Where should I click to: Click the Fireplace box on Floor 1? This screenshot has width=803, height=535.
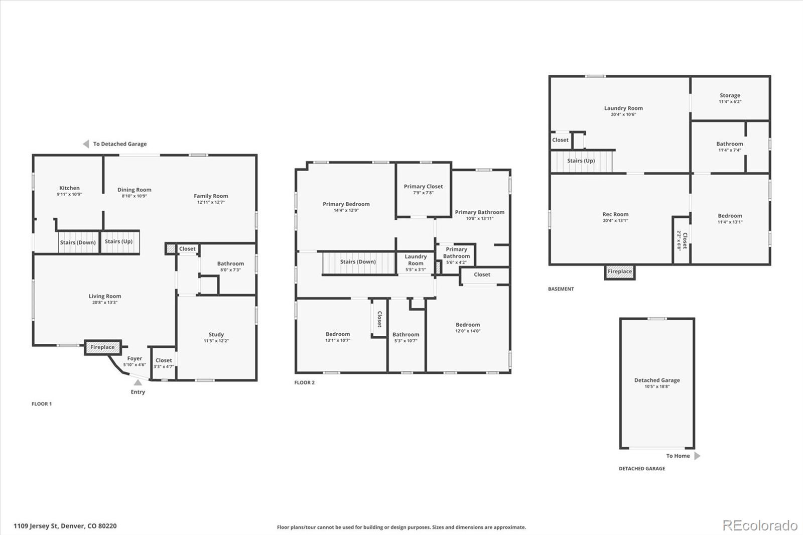(103, 347)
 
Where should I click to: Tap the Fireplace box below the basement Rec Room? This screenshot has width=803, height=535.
(620, 272)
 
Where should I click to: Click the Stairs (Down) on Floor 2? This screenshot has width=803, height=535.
(359, 263)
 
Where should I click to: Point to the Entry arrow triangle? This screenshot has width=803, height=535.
(138, 382)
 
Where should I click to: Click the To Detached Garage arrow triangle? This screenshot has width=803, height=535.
(86, 144)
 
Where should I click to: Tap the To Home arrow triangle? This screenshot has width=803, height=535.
(697, 456)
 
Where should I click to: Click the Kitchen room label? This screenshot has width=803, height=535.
(70, 188)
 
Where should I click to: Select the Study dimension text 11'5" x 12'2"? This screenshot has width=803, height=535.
(216, 341)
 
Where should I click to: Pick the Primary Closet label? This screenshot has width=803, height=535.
(424, 187)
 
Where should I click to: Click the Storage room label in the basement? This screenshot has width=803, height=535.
(730, 95)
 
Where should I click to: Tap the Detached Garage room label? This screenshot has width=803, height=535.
(657, 380)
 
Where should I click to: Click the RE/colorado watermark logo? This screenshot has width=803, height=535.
(760, 525)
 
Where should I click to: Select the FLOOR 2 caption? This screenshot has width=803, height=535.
(304, 382)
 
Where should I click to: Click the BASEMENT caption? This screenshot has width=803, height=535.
(561, 289)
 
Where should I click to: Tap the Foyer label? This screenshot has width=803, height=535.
(135, 358)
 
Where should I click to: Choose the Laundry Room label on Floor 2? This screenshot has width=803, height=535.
(416, 260)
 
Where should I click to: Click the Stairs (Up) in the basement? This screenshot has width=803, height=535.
(581, 161)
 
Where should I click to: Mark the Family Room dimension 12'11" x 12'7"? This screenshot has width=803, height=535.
(211, 202)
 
